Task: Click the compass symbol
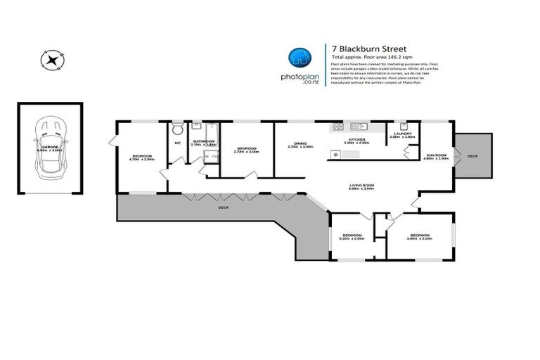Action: click(52, 59)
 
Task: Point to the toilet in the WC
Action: click(178, 130)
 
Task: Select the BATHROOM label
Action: click(204, 141)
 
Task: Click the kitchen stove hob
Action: click(337, 127)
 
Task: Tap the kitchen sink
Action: click(359, 127)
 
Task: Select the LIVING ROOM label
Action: click(362, 185)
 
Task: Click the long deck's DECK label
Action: click(224, 208)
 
